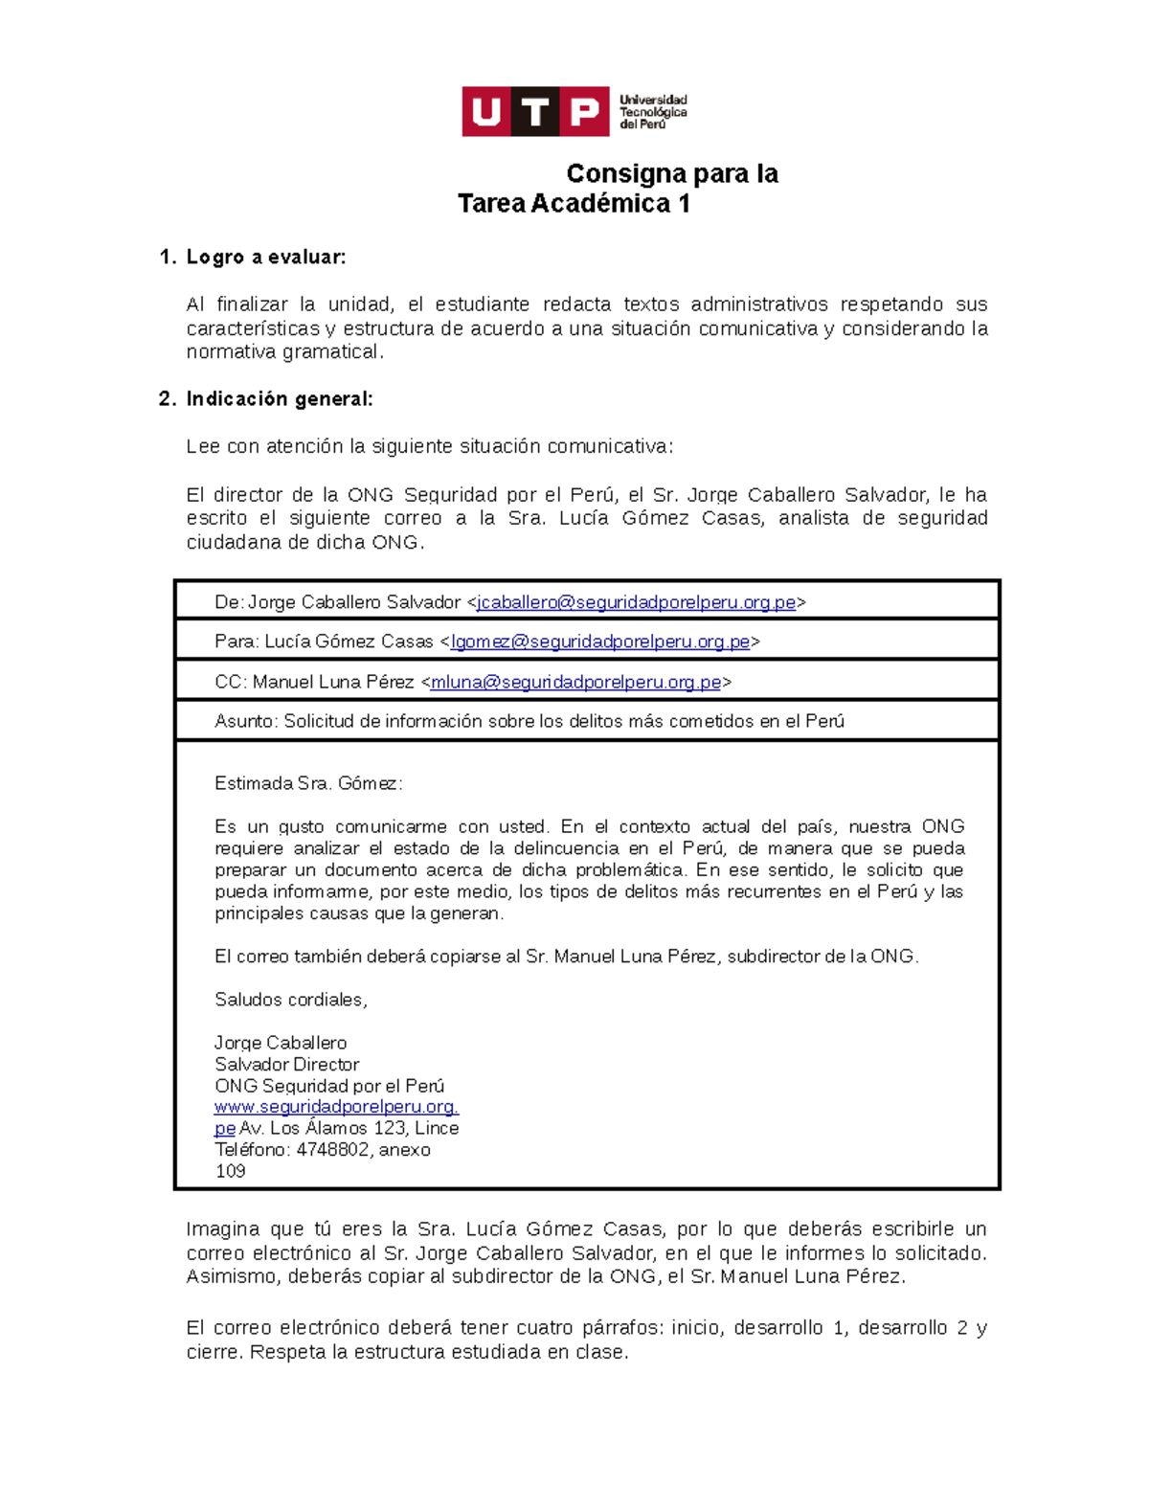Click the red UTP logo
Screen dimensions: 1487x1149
pos(535,112)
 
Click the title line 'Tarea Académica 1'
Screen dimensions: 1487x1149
pos(574,204)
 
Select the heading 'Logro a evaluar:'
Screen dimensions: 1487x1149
pos(265,257)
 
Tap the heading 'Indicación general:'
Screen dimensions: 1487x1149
pos(280,399)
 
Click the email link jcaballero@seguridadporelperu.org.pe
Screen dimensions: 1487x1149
pos(636,602)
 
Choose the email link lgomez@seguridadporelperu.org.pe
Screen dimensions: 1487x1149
pos(600,642)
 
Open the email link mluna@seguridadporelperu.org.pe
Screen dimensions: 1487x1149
pos(575,682)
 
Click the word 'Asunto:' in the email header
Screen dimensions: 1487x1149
pos(246,721)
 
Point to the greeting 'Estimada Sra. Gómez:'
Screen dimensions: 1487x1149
pos(308,783)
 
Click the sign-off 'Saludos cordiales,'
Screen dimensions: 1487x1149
pos(291,1000)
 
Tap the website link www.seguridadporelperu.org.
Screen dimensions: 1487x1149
pos(336,1107)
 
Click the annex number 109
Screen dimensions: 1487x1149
pos(230,1171)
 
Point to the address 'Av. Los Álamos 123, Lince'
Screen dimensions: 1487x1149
pos(349,1129)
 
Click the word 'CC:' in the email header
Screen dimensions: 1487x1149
pos(231,682)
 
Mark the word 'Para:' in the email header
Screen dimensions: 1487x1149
pos(237,642)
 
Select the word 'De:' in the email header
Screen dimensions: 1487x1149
pos(230,602)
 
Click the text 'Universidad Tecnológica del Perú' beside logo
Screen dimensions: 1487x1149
pos(653,112)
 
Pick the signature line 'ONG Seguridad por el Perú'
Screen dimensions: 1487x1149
pos(329,1086)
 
